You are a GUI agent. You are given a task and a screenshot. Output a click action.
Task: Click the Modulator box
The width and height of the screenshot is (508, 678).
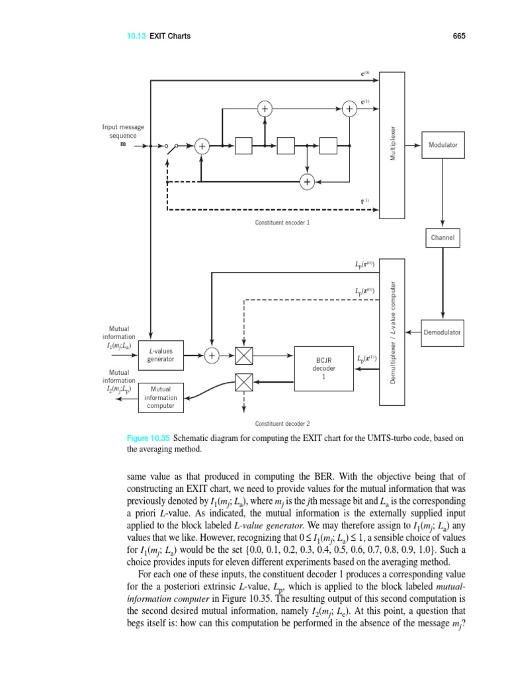click(x=443, y=144)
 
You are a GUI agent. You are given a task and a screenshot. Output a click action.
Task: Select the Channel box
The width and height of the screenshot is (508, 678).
click(x=443, y=238)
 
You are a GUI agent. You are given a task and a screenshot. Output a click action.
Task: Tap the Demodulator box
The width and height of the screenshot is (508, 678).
click(x=443, y=332)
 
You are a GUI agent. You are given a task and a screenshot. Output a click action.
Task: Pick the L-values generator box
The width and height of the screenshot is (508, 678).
click(x=161, y=356)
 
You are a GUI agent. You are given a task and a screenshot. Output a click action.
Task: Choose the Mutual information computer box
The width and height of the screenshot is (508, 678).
click(x=161, y=397)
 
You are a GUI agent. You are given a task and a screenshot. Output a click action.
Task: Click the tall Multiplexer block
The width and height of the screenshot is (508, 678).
click(x=392, y=144)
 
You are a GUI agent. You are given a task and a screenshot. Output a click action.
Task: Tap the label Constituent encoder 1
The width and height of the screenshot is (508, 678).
click(x=282, y=222)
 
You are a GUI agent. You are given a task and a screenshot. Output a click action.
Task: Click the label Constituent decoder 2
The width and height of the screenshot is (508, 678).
click(x=282, y=423)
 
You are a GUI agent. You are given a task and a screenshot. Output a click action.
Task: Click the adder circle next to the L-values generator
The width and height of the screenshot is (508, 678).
click(x=212, y=356)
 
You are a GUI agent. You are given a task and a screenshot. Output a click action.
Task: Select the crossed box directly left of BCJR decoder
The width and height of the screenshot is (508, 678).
click(x=244, y=356)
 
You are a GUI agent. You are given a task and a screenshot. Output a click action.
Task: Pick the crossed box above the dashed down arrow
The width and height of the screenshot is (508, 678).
click(x=244, y=381)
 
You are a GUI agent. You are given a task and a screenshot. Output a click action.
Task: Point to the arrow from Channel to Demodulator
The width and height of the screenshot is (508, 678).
click(x=443, y=285)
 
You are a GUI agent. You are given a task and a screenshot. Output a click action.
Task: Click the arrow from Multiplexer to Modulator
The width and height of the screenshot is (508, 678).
click(x=413, y=144)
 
